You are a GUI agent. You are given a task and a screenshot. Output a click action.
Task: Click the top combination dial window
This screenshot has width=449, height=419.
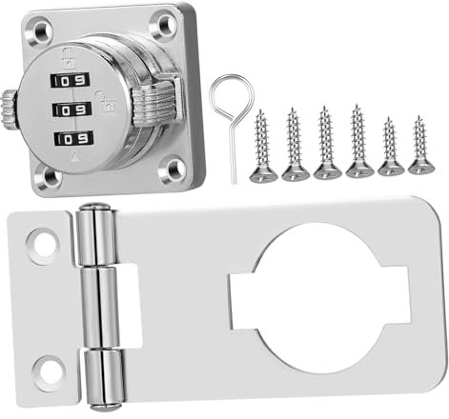pos(70,81)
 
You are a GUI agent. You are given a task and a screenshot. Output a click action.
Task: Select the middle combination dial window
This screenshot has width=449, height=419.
pos(71,110)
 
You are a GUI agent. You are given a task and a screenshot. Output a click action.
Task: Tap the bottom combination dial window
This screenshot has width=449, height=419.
pos(73,139)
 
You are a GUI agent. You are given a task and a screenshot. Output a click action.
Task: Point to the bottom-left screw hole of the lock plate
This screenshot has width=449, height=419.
pos(50,175)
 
